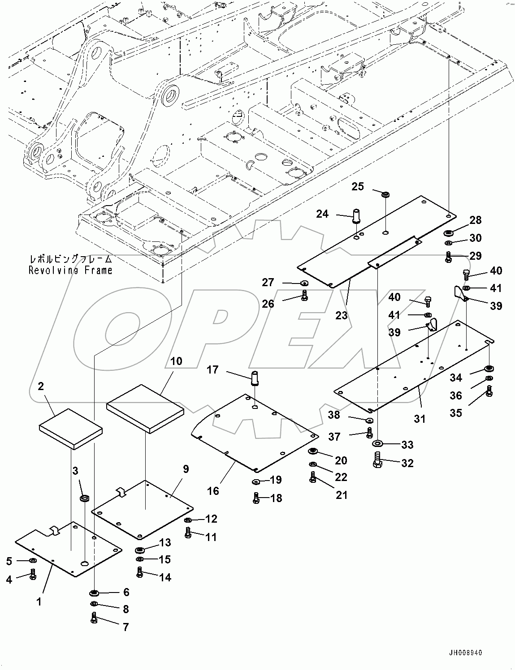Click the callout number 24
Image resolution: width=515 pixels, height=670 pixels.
click(x=322, y=214)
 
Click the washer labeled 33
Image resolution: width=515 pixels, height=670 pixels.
click(x=377, y=443)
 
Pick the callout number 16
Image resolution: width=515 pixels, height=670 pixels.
click(x=213, y=491)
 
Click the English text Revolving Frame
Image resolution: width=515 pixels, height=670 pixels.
click(x=71, y=270)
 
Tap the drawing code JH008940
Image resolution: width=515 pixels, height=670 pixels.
click(x=463, y=653)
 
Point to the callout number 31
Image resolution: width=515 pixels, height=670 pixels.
click(x=419, y=419)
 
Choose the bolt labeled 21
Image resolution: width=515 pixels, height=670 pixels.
click(x=313, y=478)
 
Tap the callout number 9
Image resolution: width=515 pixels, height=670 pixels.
click(x=185, y=469)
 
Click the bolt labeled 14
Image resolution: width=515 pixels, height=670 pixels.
click(x=140, y=572)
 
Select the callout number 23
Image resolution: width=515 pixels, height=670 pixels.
click(x=341, y=315)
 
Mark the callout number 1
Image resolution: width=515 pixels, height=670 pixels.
click(x=39, y=602)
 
